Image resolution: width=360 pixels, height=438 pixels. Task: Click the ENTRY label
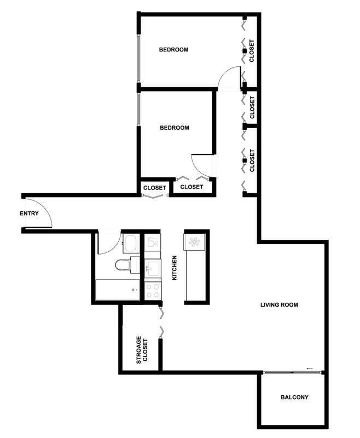[29, 214]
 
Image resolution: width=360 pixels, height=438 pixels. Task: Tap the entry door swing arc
[45, 208]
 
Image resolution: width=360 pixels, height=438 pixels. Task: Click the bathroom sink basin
[130, 243]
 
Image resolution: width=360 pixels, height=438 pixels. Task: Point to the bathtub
[118, 290]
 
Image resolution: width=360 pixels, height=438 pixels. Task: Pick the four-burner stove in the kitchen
[153, 291]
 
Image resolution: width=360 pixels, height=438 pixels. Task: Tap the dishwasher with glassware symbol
[153, 242]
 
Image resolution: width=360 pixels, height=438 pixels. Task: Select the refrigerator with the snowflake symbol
[194, 242]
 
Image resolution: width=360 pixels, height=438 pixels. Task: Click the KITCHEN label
[175, 268]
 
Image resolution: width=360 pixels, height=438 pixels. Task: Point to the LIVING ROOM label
[279, 305]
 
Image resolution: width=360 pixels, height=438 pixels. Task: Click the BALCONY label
[294, 397]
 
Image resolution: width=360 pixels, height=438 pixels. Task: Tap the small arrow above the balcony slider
[310, 368]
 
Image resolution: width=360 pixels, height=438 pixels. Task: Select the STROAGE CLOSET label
[142, 350]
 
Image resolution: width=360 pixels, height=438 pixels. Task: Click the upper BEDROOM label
[173, 50]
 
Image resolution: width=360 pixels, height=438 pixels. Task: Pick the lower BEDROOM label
[175, 128]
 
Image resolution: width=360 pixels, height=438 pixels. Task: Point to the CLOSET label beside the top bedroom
[252, 51]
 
